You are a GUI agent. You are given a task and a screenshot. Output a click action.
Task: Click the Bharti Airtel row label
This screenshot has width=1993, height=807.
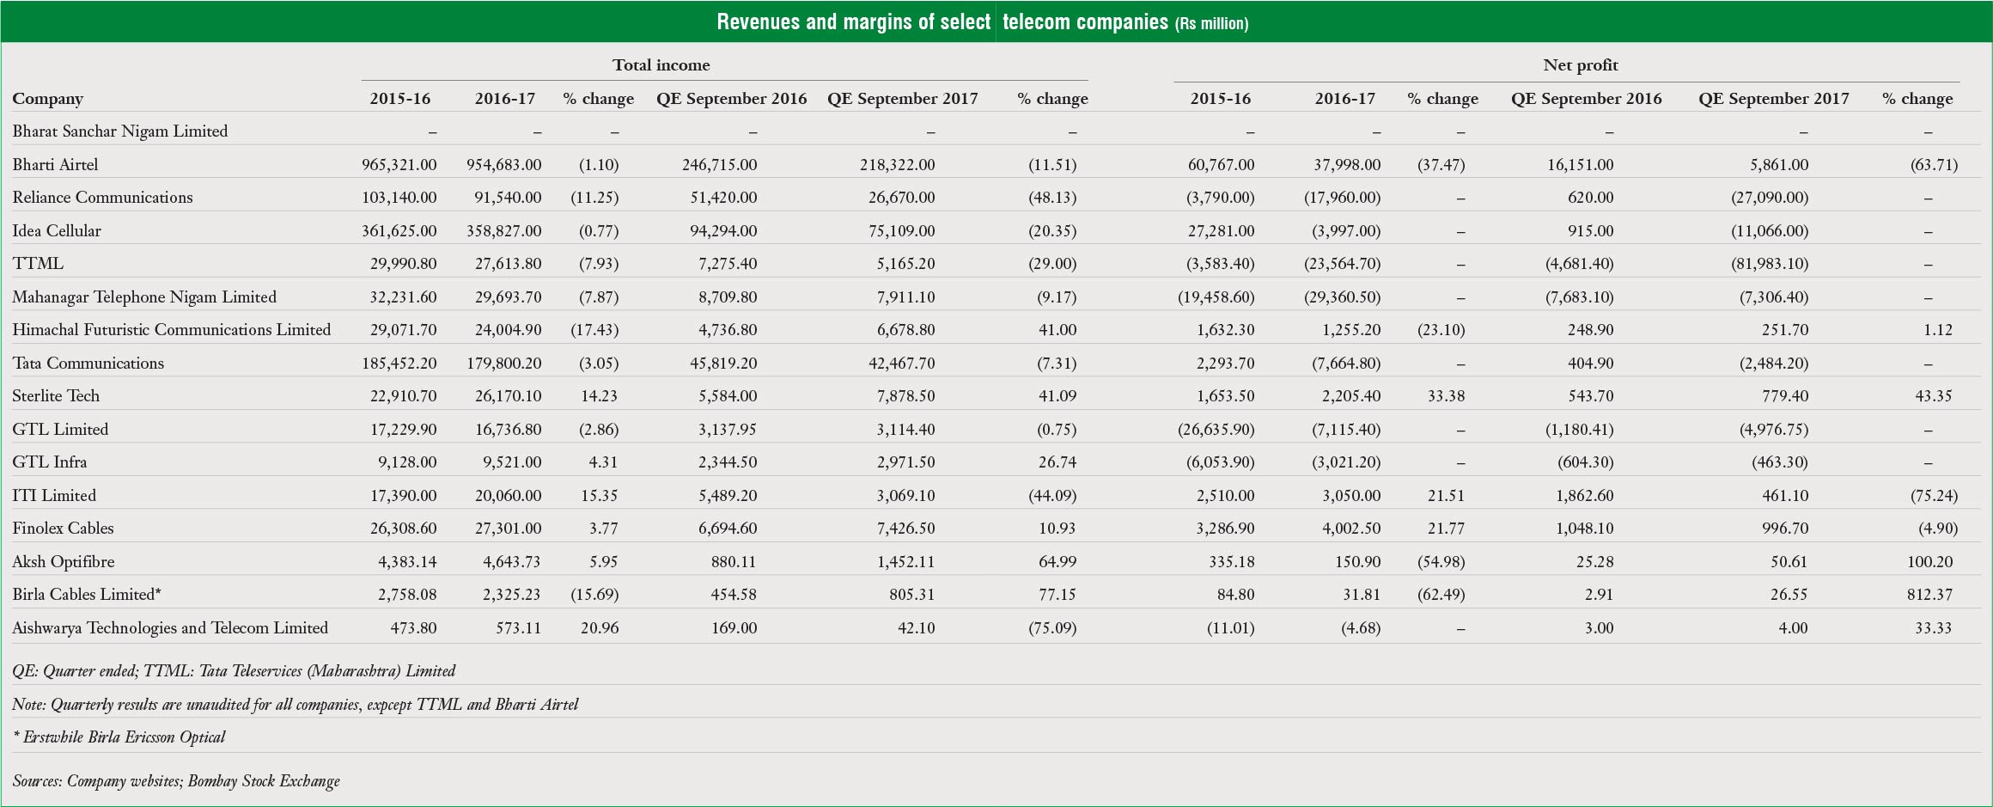point(55,164)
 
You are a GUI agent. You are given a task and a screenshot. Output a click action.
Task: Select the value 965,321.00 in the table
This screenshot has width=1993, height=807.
point(399,164)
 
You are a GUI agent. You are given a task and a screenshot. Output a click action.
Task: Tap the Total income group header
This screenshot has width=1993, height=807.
point(661,65)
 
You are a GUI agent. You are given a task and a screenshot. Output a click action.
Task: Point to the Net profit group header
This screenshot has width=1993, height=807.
point(1580,65)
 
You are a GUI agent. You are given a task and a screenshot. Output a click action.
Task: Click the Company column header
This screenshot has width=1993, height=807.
point(47,99)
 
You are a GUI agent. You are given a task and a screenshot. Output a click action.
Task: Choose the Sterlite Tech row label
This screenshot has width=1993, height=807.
point(56,396)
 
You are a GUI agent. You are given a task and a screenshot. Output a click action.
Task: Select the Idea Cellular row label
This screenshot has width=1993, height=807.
point(57,231)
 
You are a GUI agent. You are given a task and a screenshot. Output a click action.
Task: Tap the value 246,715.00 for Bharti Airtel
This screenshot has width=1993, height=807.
point(719,164)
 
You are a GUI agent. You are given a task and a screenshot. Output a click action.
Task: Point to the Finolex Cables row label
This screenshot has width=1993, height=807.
point(63,529)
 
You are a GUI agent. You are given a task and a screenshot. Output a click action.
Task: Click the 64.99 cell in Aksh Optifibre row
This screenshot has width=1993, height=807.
point(1057,562)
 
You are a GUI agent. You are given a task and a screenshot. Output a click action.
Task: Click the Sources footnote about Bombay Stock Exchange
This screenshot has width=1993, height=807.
point(176,781)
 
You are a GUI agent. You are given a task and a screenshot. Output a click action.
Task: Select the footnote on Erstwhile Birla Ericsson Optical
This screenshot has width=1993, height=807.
point(119,737)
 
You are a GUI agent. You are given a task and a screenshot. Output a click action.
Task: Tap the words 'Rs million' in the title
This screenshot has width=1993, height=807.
point(1211,24)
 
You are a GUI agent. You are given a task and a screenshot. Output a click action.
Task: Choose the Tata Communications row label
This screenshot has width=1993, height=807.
point(88,364)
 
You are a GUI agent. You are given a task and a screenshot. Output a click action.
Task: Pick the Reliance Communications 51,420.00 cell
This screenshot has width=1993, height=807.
point(723,198)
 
